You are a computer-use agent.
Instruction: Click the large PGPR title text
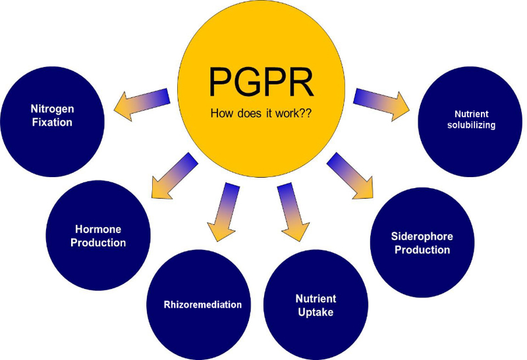261,79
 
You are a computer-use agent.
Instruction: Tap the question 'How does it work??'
261,113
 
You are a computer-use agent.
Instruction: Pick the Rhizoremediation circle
198,305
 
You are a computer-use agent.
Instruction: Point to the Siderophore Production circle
422,242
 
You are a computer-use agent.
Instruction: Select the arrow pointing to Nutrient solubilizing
381,105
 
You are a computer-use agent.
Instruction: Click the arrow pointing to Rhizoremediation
225,210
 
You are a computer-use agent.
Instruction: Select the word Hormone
98,230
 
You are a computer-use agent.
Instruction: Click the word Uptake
314,312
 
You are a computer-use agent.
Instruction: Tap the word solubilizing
470,124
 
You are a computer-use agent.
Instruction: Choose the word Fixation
51,122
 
